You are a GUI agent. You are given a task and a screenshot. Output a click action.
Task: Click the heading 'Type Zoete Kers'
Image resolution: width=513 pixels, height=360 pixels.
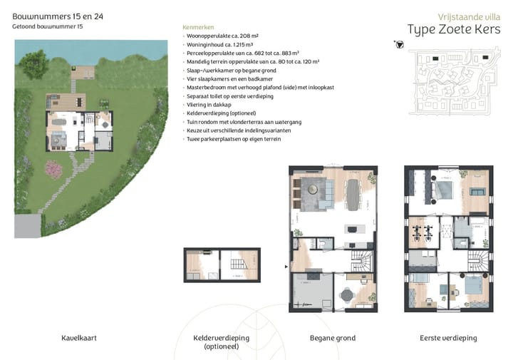point(453,29)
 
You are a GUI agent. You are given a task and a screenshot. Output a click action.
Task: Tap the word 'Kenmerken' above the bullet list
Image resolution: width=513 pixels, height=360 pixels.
point(197,27)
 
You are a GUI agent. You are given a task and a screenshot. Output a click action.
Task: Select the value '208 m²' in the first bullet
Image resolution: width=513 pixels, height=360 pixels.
point(246,35)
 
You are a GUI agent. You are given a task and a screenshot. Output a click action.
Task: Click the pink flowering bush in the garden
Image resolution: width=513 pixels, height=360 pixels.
point(53,169)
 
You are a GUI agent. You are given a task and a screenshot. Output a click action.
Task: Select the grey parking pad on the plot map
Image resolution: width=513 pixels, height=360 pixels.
point(27,226)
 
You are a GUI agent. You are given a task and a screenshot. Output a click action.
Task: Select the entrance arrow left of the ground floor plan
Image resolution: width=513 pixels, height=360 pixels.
point(286,267)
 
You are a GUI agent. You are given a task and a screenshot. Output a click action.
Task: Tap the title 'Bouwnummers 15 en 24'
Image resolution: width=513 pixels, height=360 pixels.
point(53,15)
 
